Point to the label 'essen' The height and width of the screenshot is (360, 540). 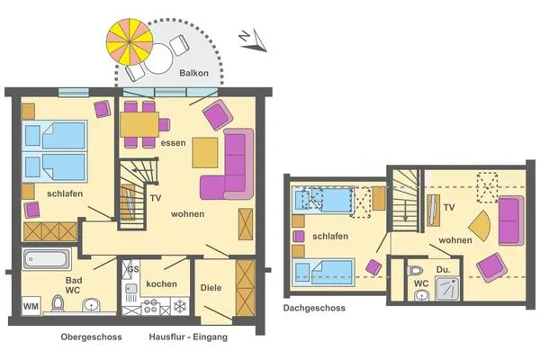pos(173,143)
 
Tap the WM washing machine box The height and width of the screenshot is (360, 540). pos(31,306)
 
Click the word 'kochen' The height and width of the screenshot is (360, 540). pos(160,284)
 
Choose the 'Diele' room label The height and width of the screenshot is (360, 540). pos(211,289)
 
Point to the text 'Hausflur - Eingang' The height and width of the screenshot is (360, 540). pos(188,337)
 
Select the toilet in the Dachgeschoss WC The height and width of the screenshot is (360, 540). pos(414,270)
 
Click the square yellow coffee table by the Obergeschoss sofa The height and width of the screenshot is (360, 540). pos(206,151)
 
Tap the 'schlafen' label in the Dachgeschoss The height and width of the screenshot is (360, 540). pos(330,237)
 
